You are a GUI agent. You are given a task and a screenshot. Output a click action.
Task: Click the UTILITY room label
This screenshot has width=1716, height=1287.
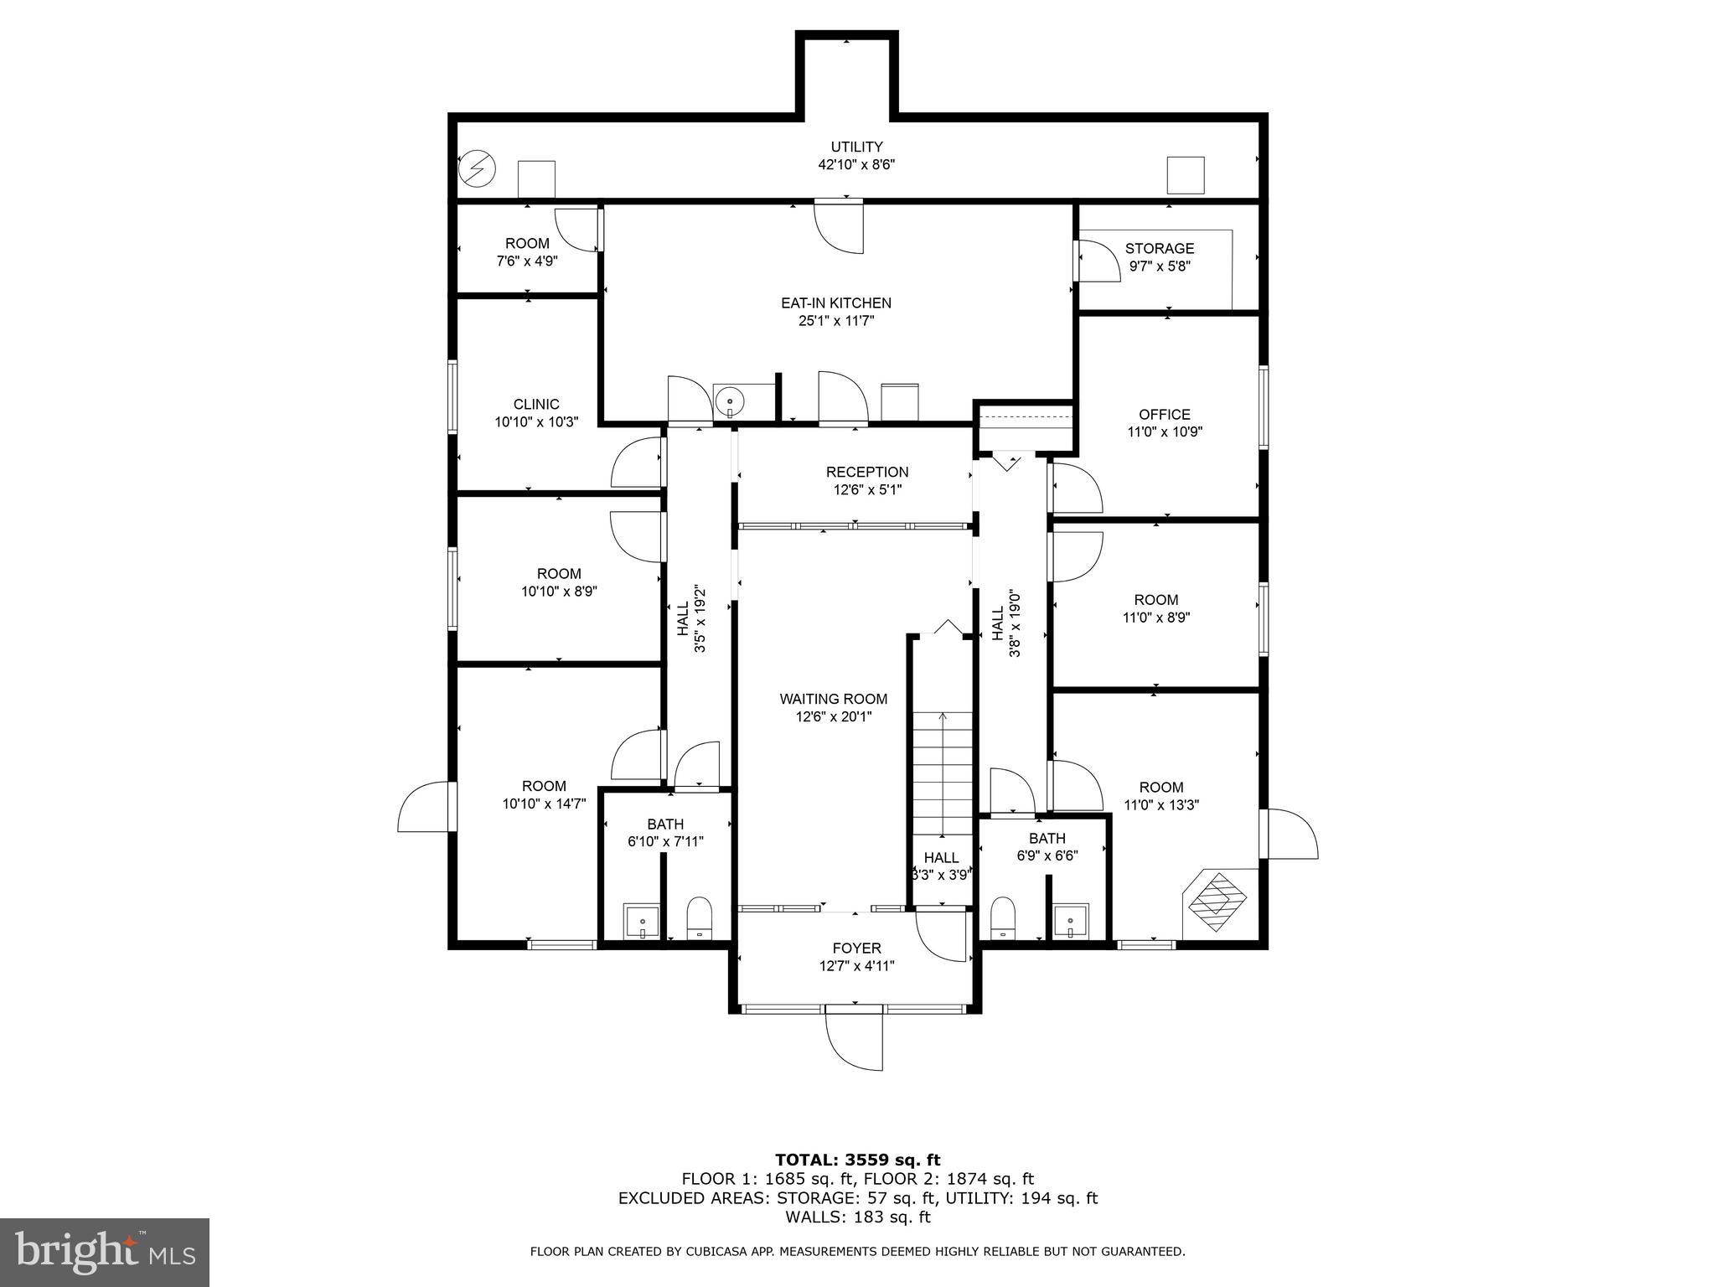click(856, 147)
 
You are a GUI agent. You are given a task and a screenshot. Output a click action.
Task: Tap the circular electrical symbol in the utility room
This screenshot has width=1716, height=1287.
click(477, 168)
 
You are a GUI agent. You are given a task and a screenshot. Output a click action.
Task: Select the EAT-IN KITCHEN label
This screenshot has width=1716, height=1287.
click(835, 303)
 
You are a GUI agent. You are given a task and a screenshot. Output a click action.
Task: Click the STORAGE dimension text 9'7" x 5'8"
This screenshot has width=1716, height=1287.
click(1160, 266)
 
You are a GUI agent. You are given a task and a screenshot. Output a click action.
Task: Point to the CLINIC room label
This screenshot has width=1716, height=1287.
click(536, 405)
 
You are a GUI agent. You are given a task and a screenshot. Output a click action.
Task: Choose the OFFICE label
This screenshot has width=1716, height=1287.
click(1164, 415)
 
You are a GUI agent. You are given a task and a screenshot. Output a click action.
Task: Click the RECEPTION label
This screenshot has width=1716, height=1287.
click(866, 473)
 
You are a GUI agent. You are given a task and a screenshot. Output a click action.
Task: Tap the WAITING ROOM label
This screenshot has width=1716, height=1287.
click(833, 699)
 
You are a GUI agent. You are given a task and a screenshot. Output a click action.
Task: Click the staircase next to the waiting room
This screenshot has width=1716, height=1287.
click(943, 775)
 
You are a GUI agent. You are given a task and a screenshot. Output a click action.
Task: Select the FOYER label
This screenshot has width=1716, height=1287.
click(856, 948)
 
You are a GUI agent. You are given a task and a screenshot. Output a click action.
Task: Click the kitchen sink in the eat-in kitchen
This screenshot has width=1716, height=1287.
click(731, 401)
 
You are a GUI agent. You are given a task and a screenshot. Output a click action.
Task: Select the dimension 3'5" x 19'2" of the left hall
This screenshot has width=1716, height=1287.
click(701, 627)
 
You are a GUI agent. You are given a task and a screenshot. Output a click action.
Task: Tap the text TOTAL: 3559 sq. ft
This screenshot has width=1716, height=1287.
click(857, 1160)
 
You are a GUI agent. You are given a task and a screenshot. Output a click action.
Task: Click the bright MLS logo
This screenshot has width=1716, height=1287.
click(105, 1252)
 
